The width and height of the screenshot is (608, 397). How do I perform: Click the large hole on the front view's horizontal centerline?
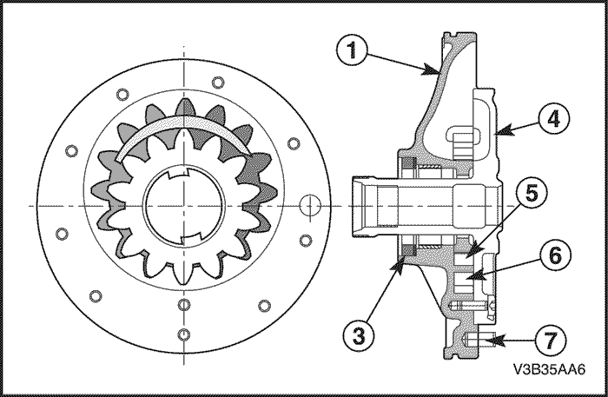coord(309,205)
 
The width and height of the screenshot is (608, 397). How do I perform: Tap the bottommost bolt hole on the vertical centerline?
coord(183,336)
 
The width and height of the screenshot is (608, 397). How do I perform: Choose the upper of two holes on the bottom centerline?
coord(183,305)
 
